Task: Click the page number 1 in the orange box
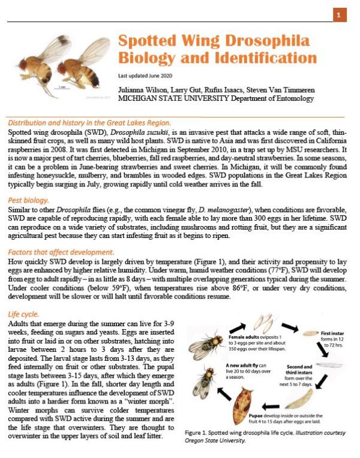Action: (x=339, y=14)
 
